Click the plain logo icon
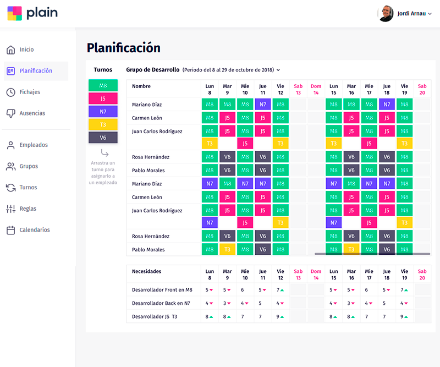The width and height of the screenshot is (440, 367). point(15,13)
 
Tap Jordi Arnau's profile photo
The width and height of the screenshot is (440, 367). point(386,14)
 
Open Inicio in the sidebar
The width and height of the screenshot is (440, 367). point(26,50)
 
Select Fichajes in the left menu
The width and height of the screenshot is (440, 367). point(30,92)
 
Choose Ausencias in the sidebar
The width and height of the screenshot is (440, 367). point(32,113)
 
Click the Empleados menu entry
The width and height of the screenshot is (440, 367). point(34,145)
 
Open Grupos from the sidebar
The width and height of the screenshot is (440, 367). point(29,166)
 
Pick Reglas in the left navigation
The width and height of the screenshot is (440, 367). point(28,209)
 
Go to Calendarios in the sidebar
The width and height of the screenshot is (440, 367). point(35,230)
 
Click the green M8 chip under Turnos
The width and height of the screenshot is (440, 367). point(103,85)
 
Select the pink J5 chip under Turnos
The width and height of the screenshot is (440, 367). point(103,98)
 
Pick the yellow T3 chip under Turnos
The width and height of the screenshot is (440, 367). point(103,125)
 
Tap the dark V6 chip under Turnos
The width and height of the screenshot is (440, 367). point(103,138)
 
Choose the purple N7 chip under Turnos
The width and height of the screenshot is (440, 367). point(103,112)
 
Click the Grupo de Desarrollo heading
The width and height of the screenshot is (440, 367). point(153,70)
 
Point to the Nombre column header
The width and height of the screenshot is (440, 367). point(141,86)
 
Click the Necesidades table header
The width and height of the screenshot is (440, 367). point(147,271)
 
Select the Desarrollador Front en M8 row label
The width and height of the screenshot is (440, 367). point(162,289)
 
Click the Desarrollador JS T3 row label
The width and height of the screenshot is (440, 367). point(155,316)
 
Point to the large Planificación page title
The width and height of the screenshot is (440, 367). point(124,48)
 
